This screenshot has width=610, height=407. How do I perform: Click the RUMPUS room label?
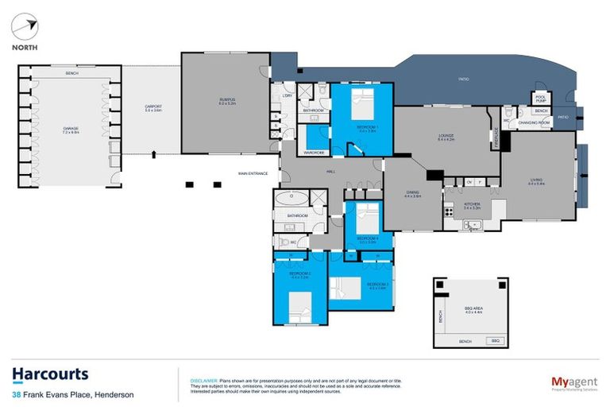pos(228,100)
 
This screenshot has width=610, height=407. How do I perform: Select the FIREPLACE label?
pos(495,140)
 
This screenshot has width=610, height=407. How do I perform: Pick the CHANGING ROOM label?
pos(535,123)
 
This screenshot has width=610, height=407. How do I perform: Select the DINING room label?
pos(411,193)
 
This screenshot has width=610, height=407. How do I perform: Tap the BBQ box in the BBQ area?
pos(495,340)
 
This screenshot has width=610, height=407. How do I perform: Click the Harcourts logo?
pos(50,375)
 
